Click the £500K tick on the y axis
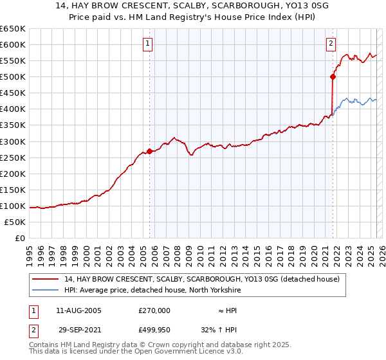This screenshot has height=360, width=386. point(13,77)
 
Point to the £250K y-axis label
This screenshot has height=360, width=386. point(13,157)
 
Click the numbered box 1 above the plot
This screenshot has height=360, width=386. point(147,44)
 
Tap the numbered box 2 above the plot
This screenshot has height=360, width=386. point(331,44)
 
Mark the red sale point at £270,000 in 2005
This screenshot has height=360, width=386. point(150,151)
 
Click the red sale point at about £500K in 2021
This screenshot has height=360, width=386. point(333,76)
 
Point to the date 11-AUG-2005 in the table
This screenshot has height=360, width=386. point(79,310)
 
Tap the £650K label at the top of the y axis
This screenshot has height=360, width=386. point(13,29)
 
